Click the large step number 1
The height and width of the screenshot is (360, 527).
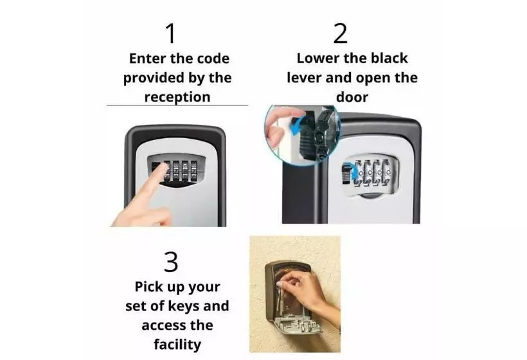point(171,33)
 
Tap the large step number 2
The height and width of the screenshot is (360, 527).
point(340,33)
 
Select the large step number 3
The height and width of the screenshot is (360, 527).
point(171,262)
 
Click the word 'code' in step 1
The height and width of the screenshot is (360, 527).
point(213,59)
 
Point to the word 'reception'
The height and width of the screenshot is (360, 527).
point(177,97)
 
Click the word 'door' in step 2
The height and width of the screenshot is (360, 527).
point(352,97)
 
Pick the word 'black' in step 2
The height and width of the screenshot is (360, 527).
point(389,58)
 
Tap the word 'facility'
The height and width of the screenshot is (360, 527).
point(177,345)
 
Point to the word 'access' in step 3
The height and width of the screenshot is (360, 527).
point(161,325)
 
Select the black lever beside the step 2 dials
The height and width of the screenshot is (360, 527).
point(346,174)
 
